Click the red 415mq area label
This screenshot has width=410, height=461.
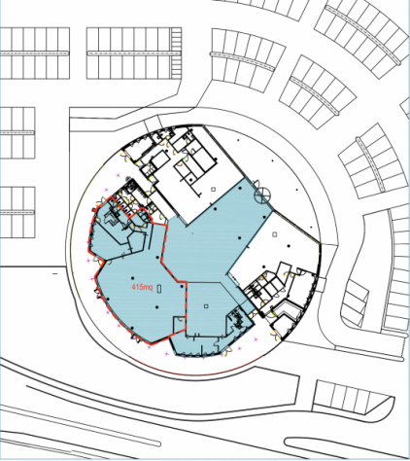(142, 287)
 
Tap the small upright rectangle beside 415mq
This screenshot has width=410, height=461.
(159, 289)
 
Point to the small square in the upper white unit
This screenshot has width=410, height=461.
(213, 190)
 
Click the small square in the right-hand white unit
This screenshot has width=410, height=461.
(275, 234)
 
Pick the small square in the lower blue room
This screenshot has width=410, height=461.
(206, 306)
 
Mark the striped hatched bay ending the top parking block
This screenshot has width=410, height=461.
(177, 53)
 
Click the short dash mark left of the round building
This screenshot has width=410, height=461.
(54, 274)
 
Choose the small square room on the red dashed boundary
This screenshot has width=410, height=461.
(179, 325)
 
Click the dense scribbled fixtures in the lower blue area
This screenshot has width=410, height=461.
(237, 318)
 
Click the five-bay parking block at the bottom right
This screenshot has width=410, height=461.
(352, 398)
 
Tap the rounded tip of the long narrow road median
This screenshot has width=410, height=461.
(159, 443)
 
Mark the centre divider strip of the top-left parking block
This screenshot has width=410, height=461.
(35, 53)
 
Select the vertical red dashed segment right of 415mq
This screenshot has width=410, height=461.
(187, 305)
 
